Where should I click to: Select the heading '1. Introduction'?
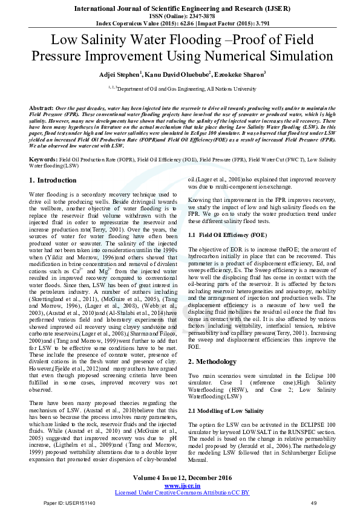click(x=53, y=180)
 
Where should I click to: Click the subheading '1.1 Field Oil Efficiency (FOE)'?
click(x=227, y=234)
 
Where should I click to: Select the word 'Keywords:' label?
click(x=44, y=159)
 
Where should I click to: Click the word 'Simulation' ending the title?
click(x=307, y=57)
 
